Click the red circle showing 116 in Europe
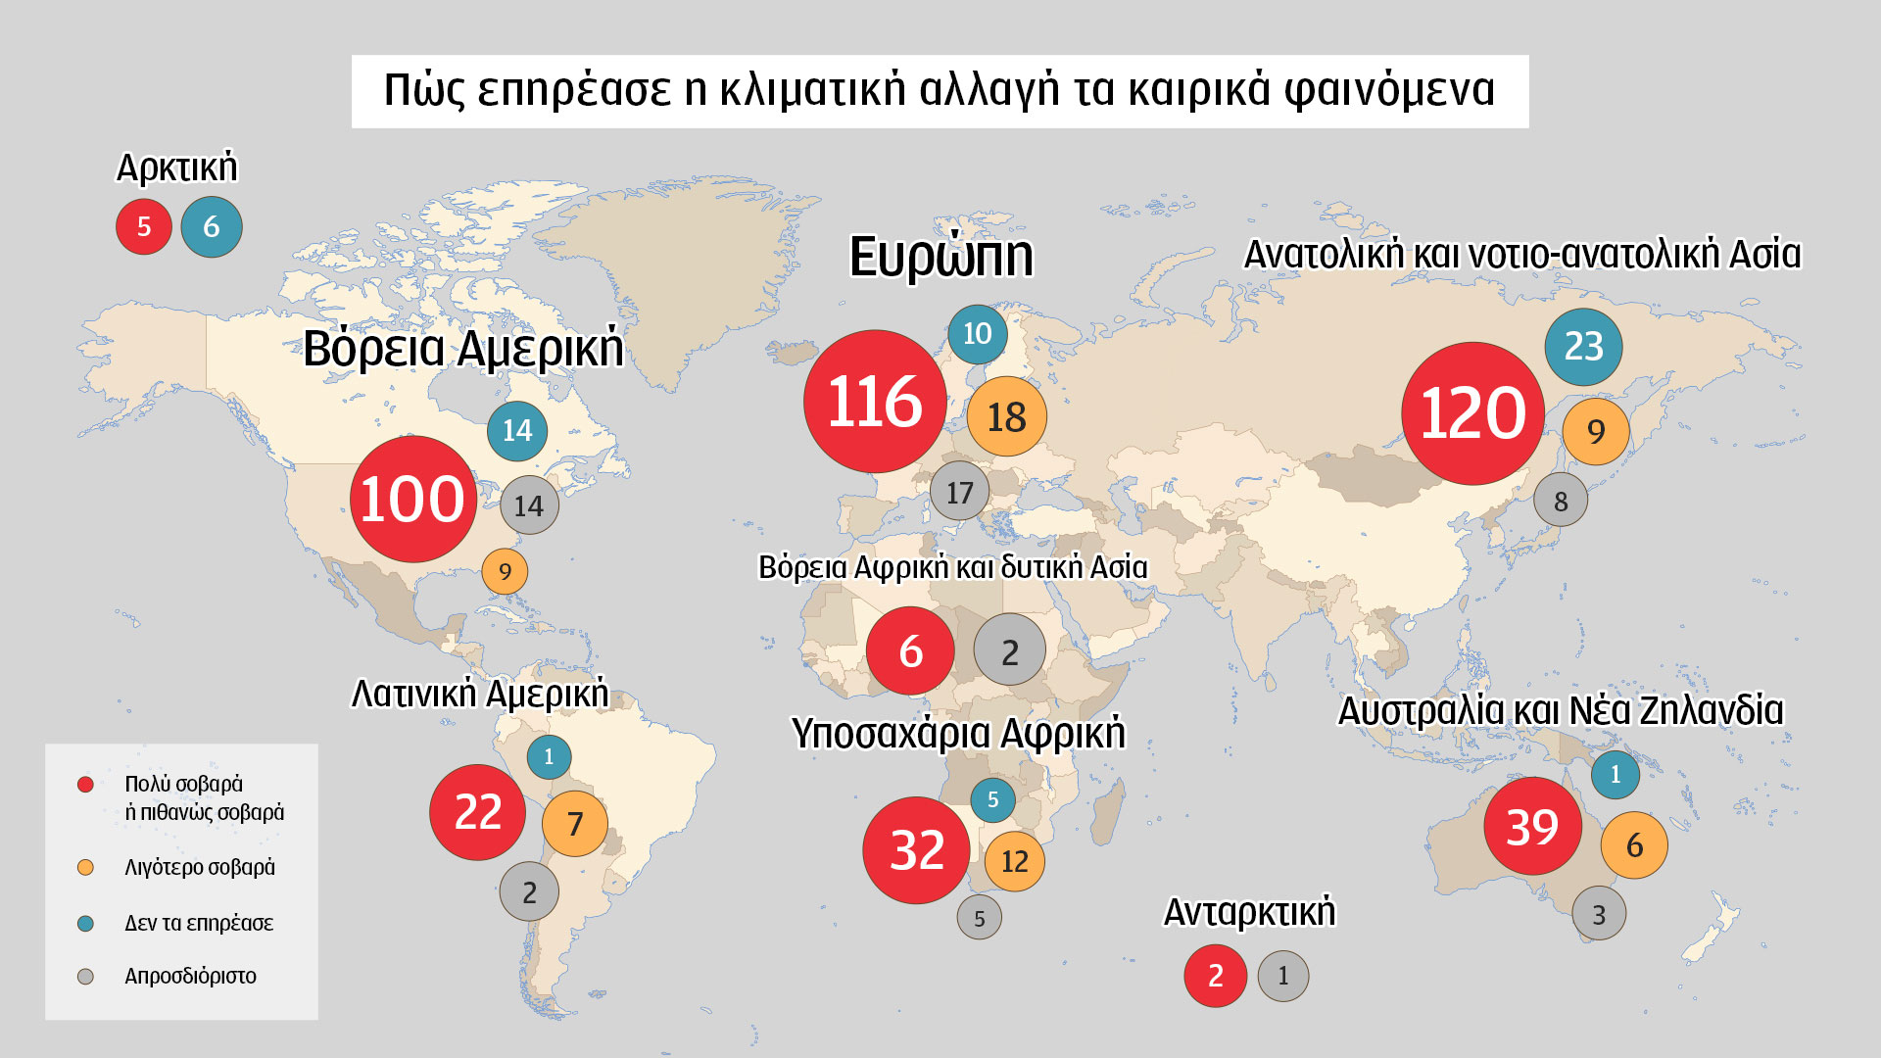[x=875, y=402]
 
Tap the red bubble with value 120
[x=1472, y=412]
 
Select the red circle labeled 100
[x=413, y=499]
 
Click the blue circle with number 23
[x=1583, y=347]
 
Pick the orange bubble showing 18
[x=1006, y=417]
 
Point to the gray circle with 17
[x=959, y=492]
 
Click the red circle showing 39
[x=1532, y=827]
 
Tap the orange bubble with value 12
[x=1014, y=861]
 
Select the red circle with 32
[x=916, y=849]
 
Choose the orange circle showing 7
[x=575, y=824]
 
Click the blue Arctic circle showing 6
[x=212, y=227]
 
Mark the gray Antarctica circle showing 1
[x=1282, y=976]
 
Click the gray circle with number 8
[x=1560, y=501]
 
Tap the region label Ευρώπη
[x=940, y=257]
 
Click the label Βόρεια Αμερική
[x=462, y=349]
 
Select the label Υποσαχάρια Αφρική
[x=958, y=734]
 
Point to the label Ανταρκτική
[x=1249, y=912]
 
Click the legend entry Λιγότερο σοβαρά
[x=200, y=868]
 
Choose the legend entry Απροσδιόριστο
[x=190, y=977]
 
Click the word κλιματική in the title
[x=812, y=90]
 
